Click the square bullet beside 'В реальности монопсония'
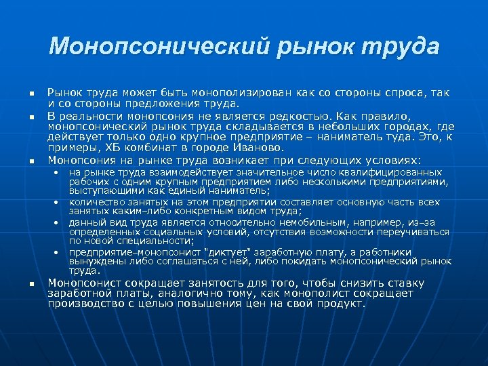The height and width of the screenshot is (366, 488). [31, 117]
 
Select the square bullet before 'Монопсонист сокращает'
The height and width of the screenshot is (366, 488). [31, 283]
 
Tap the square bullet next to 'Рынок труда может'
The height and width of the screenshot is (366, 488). [31, 93]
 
